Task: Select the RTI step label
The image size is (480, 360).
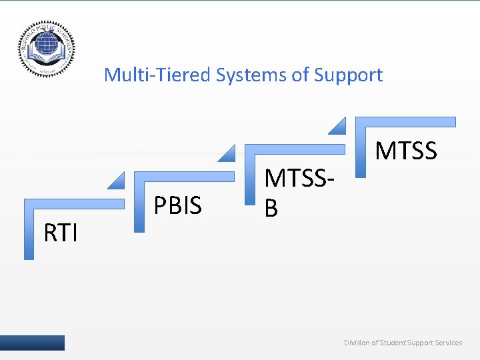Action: pyautogui.click(x=61, y=233)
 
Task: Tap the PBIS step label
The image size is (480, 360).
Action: pyautogui.click(x=177, y=206)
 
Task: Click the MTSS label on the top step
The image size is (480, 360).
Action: pyautogui.click(x=405, y=151)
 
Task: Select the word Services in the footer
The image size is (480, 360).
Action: pyautogui.click(x=447, y=343)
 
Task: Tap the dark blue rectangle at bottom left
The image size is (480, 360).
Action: pyautogui.click(x=32, y=343)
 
